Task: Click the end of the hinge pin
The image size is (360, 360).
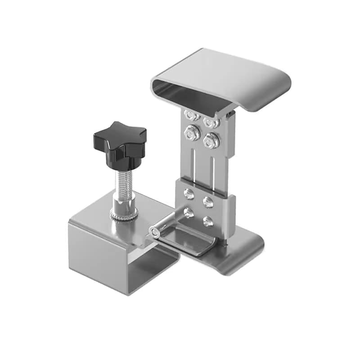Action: [x=154, y=232]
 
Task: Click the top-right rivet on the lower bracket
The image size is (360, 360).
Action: [x=208, y=202]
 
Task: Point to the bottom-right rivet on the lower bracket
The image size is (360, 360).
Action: [x=207, y=220]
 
